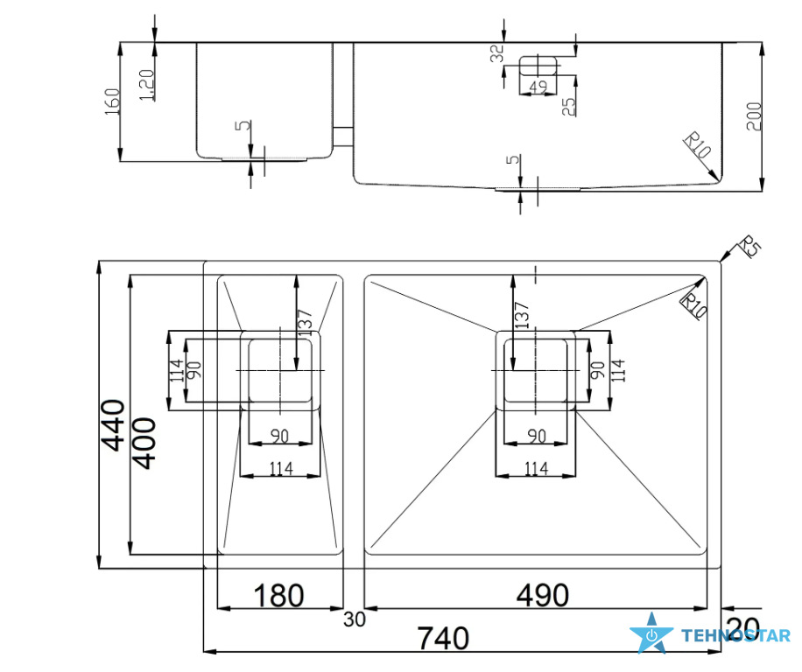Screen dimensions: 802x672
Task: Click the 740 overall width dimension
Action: click(443, 638)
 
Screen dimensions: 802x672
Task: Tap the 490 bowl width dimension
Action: click(543, 595)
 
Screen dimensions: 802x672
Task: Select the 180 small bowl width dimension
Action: click(278, 595)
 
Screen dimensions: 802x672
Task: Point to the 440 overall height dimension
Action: click(113, 425)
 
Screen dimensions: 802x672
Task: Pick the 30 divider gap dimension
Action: click(355, 619)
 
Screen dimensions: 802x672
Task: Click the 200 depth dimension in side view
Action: click(754, 116)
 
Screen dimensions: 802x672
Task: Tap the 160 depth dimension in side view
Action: click(112, 101)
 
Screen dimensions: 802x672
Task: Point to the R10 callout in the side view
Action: click(697, 144)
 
